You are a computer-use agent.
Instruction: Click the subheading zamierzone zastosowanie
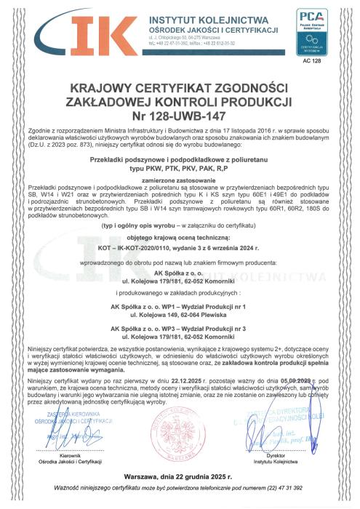pos(180,178)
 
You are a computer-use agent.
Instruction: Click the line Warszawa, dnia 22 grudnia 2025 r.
pos(180,477)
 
